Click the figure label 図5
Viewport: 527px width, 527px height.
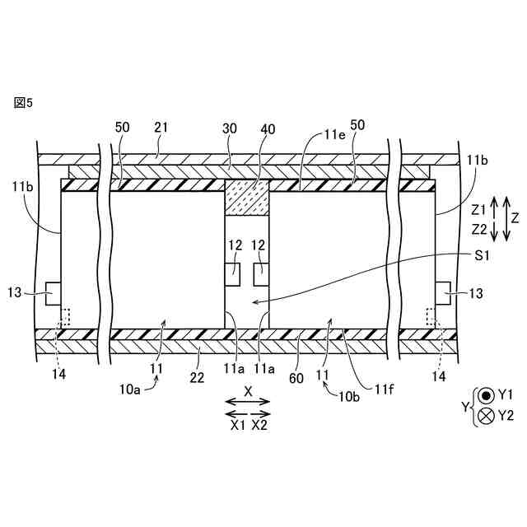[23, 102]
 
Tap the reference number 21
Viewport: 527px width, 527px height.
[161, 128]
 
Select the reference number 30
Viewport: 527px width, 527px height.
[230, 128]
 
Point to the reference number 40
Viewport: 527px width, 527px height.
[268, 128]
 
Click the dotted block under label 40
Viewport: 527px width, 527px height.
[247, 198]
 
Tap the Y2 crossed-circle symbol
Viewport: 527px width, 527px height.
[486, 416]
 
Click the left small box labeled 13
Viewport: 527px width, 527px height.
[52, 293]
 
